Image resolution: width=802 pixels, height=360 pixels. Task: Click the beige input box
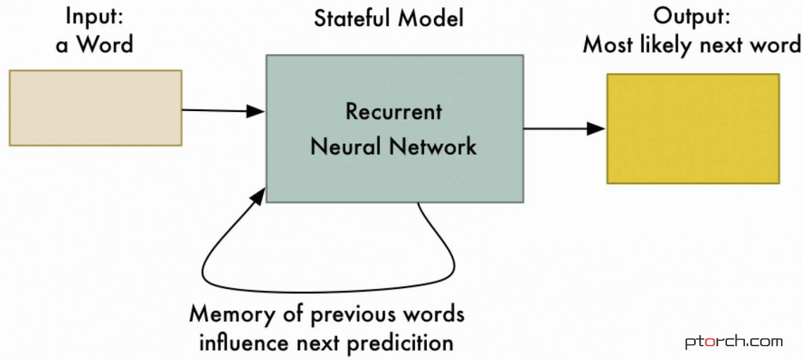[95, 108]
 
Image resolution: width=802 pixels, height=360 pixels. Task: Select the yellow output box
[693, 128]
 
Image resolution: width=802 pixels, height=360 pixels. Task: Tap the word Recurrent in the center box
[394, 112]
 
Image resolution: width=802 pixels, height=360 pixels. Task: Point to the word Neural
[347, 146]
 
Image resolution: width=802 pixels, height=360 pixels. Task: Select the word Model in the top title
[432, 18]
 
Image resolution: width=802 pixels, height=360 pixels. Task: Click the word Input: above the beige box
[94, 17]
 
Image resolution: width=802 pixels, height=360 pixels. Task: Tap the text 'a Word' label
[94, 44]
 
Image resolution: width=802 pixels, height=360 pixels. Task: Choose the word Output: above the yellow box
[692, 17]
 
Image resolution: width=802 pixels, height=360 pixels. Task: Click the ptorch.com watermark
[734, 342]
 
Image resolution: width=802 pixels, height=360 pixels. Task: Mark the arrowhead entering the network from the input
[257, 111]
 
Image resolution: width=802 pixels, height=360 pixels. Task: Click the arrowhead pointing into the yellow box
[597, 128]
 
